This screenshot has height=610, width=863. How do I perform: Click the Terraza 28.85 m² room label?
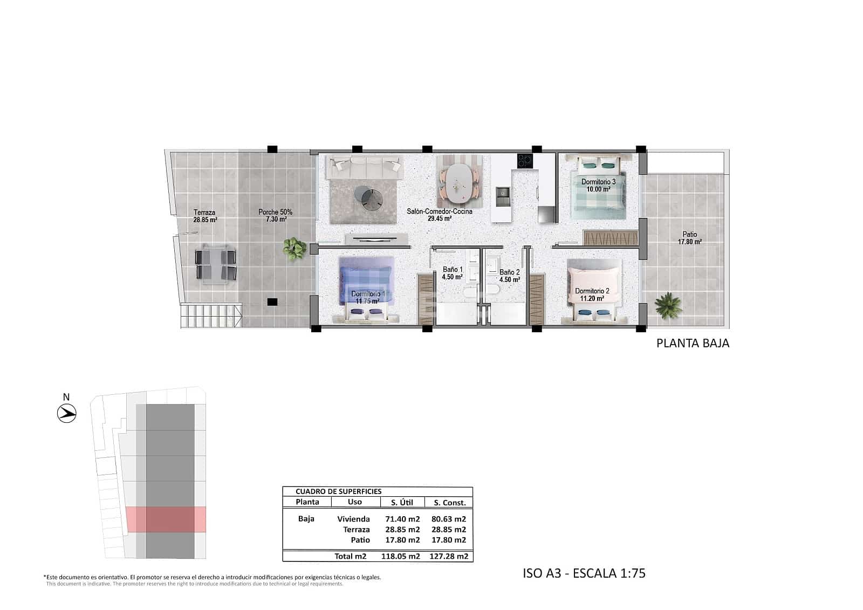pos(205,216)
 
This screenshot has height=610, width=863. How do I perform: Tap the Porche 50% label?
pos(275,216)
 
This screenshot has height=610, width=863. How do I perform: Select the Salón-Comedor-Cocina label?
pos(439,215)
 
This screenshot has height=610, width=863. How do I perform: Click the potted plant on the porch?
pos(294,248)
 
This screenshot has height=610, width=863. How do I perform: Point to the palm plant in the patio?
pos(668,305)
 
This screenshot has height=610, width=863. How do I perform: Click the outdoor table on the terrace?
pos(216,263)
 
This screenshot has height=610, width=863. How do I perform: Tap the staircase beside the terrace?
pos(211,316)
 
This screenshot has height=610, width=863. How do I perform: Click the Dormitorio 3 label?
pos(598,186)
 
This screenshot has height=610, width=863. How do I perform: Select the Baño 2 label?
pos(509,276)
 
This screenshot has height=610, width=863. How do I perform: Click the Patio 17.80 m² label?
pos(689,238)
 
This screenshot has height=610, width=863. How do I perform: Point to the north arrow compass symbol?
pos(67,414)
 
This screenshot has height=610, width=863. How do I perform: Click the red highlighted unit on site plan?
pos(166,519)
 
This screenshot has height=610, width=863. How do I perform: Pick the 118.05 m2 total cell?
pos(402,556)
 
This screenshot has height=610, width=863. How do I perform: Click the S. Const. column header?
pos(449,502)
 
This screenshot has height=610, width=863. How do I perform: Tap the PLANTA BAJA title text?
pos(693,343)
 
